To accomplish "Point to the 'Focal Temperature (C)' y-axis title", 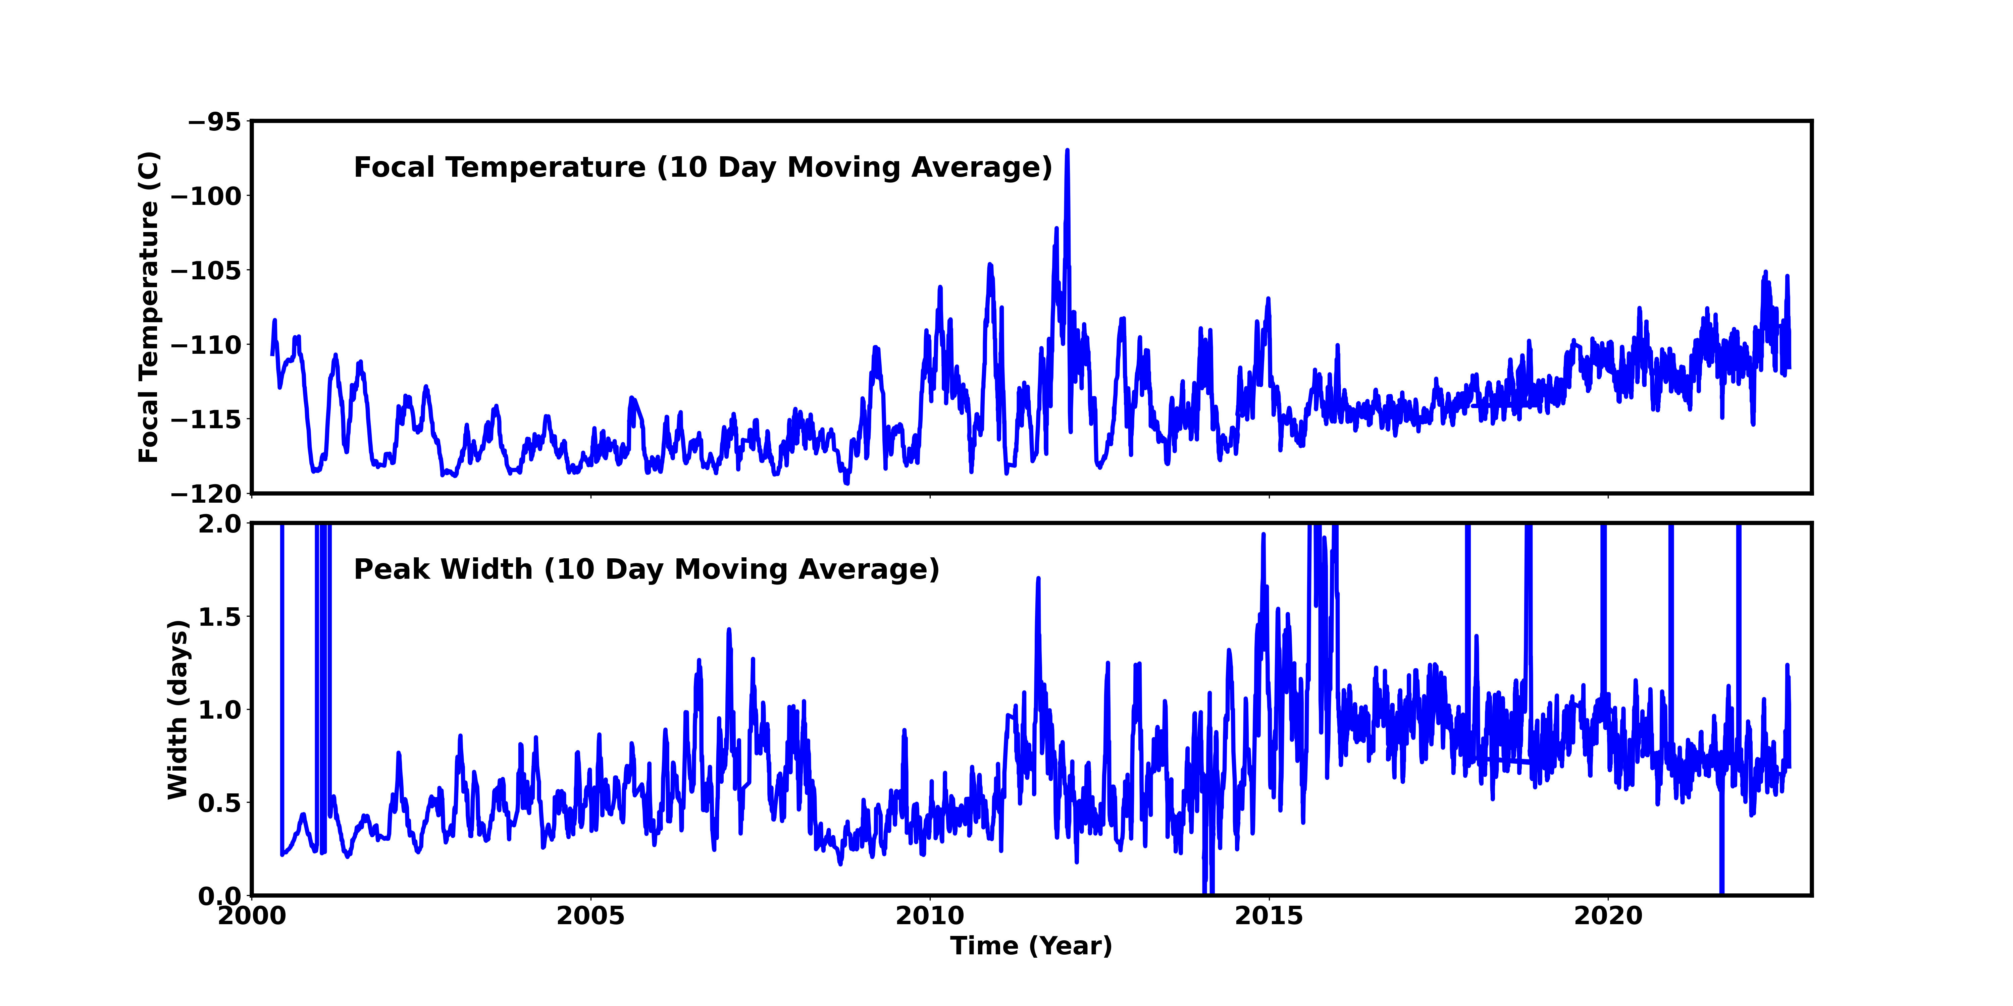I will [x=149, y=307].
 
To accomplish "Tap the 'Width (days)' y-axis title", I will [x=178, y=709].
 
